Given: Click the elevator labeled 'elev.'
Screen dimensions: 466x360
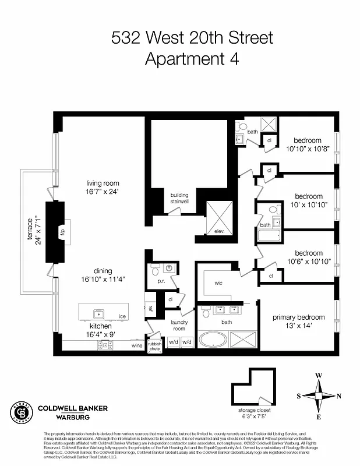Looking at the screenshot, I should coord(220,231).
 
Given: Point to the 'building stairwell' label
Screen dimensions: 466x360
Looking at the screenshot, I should coord(179,198).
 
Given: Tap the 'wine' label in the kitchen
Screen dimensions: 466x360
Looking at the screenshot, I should coord(137,345).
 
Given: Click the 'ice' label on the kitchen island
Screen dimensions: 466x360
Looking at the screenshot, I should coord(122,316).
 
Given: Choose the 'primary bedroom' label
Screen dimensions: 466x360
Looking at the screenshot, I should coord(299,317).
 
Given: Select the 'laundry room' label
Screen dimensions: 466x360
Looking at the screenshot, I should coord(179,325).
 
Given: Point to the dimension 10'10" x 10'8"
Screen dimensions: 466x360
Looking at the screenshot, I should coord(308,149).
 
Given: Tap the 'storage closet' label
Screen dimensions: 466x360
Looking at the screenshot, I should coord(256,410).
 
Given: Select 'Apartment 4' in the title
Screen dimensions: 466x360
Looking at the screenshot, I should coord(192,59).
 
